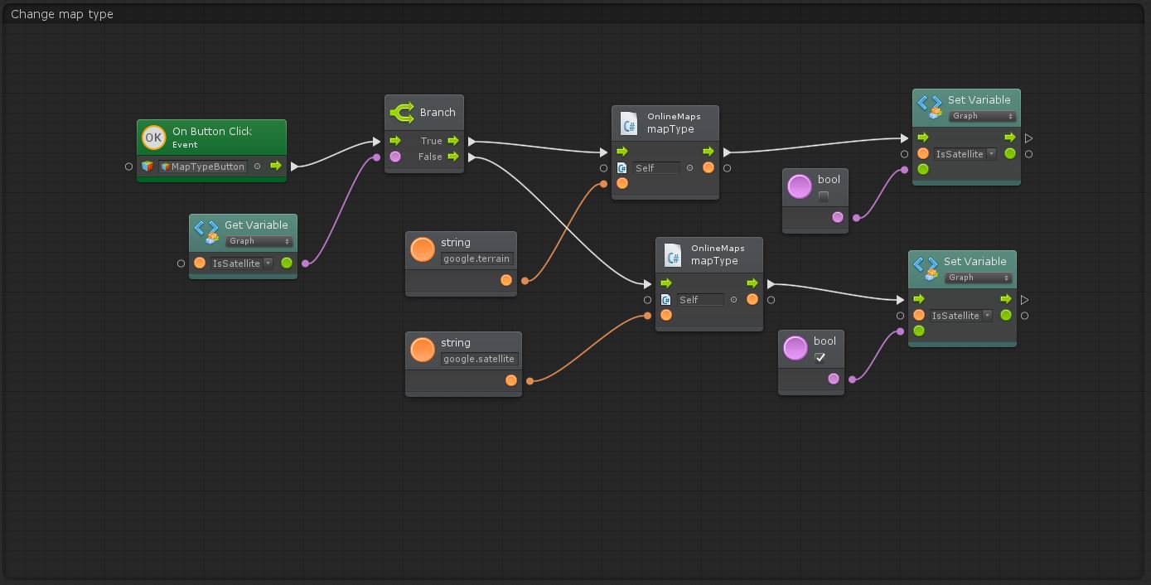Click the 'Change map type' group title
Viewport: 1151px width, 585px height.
[61, 14]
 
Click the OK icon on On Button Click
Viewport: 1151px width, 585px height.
[153, 138]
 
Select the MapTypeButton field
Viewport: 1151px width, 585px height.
[203, 167]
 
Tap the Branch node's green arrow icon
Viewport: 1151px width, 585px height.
[402, 113]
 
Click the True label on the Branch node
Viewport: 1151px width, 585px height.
[431, 141]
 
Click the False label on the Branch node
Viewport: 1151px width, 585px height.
[430, 157]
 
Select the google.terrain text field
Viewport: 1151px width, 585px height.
[476, 259]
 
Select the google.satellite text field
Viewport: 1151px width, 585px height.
[479, 359]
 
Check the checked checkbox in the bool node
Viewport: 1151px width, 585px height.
[820, 357]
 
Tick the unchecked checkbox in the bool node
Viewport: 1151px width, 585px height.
[824, 196]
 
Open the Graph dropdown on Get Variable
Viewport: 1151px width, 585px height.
[259, 241]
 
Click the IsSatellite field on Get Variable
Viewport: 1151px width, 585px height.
[241, 263]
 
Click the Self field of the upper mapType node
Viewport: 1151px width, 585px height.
[656, 168]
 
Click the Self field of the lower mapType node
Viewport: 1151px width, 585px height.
[700, 300]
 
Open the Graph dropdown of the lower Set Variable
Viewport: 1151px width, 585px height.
[979, 278]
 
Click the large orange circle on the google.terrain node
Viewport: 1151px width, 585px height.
[423, 249]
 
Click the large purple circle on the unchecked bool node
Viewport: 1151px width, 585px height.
[800, 186]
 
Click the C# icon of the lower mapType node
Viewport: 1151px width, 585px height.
[673, 254]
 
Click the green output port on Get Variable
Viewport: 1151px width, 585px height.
[287, 263]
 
